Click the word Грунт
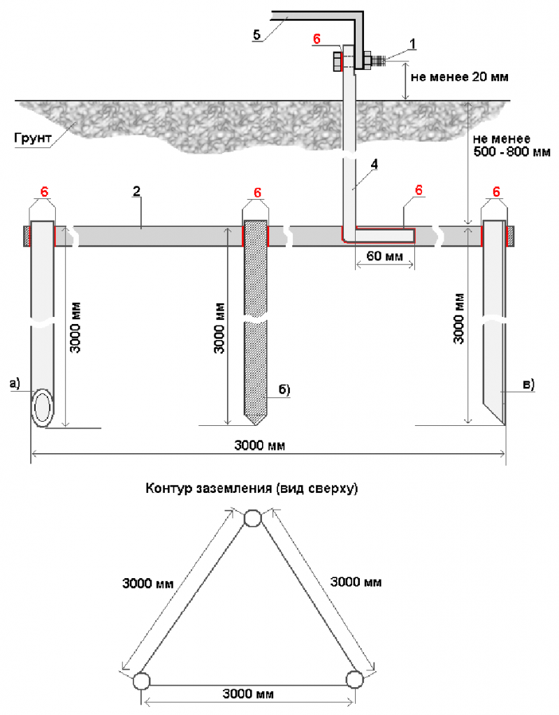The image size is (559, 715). tap(32, 138)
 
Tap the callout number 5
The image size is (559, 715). tap(257, 34)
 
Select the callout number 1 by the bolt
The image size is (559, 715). tap(412, 44)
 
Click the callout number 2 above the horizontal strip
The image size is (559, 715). tap(136, 191)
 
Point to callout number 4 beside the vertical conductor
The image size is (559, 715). tap(375, 164)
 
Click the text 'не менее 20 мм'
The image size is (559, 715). tap(460, 77)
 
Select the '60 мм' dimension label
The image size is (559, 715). tap(385, 256)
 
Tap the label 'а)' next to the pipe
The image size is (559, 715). tap(15, 383)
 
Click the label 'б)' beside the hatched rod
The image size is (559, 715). tap(284, 390)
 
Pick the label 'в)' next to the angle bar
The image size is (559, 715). tap(528, 384)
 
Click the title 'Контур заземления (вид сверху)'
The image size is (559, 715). tap(252, 488)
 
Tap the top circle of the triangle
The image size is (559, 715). tap(252, 519)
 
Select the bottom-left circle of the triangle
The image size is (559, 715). tap(141, 681)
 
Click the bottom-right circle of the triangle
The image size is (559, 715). tap(354, 679)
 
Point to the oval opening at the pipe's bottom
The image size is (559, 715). tap(43, 408)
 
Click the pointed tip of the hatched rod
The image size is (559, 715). tap(256, 425)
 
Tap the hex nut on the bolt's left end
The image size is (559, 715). tap(337, 61)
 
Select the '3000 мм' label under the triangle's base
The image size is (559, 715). tap(248, 694)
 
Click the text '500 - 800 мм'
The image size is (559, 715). tap(512, 152)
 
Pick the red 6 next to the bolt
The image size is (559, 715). tap(317, 39)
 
